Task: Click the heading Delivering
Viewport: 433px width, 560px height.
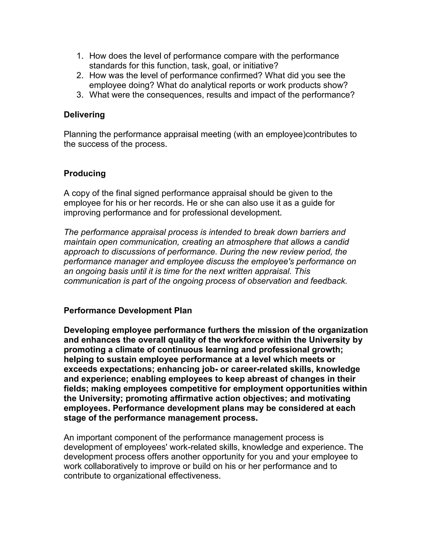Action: (84, 115)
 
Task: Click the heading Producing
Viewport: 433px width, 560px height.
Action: (85, 173)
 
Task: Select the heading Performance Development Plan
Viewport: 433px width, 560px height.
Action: (128, 310)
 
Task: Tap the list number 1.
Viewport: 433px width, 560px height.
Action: (80, 56)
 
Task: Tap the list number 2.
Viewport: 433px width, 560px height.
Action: (80, 75)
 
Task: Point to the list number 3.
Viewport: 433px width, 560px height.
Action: (80, 95)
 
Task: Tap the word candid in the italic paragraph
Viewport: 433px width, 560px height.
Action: (336, 242)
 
